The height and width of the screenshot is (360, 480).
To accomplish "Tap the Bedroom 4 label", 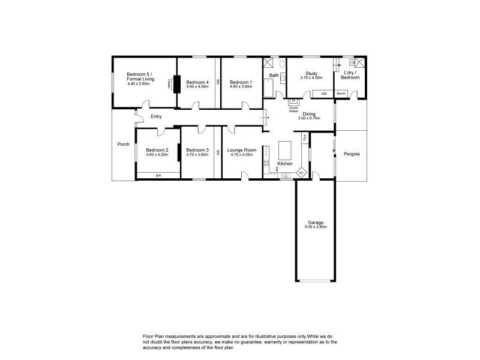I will pos(197,82).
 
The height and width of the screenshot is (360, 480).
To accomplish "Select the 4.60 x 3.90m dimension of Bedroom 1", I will pos(241,86).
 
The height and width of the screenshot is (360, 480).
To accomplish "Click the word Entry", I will pos(156,116).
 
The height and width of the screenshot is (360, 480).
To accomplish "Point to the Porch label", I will pos(123,144).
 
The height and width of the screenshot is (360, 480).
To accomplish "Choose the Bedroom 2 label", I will pos(157,150).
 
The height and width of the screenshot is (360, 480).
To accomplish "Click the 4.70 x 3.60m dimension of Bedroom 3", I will pos(197,154).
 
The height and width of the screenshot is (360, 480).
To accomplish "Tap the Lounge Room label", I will pos(242,150).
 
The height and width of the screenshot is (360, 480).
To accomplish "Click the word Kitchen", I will pos(284,163).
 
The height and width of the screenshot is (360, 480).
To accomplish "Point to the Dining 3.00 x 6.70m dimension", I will pos(309,118).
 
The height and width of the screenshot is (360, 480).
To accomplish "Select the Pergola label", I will pos(352,154).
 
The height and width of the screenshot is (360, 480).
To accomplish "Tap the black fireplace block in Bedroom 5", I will pos(176,83).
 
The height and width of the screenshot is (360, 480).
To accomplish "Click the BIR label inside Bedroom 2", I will pos(158,175).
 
